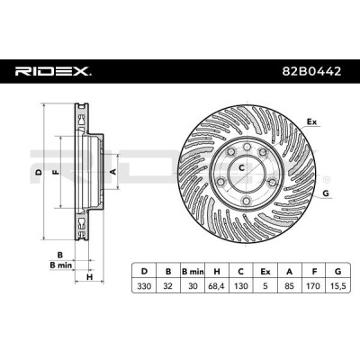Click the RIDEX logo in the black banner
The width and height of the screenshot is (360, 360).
click(53, 71)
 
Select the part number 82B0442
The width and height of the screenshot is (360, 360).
click(311, 71)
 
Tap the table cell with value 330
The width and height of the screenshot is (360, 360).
click(144, 286)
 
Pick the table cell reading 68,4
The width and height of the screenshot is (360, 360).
click(217, 286)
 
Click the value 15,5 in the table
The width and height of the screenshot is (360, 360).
click(338, 286)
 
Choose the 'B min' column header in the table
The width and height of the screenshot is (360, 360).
click(193, 272)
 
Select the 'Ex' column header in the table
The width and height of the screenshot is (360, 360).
click(265, 272)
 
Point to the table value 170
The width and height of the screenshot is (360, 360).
click(314, 286)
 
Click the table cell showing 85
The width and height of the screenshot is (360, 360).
click(290, 286)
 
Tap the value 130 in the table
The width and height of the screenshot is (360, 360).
click(241, 286)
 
